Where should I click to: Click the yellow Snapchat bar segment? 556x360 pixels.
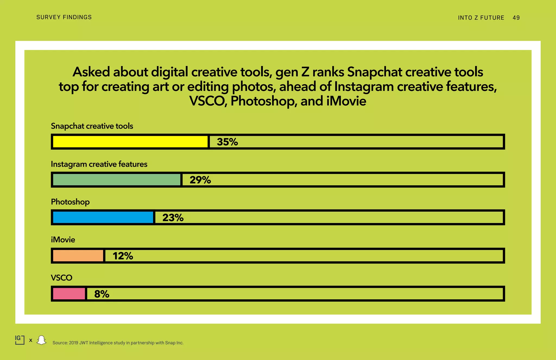[x=130, y=142]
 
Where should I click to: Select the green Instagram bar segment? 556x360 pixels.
[x=117, y=180]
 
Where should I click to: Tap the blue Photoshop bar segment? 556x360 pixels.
[x=103, y=217]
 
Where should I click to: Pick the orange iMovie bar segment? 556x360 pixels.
[x=78, y=256]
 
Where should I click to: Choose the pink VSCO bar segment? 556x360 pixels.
[x=69, y=294]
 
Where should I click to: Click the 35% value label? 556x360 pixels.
[x=227, y=142]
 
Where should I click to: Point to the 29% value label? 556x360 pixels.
[x=200, y=180]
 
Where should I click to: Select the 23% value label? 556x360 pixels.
[x=173, y=218]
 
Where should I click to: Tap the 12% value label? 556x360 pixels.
[x=123, y=256]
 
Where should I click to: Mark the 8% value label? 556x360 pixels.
[x=102, y=294]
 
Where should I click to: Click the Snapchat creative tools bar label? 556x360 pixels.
[x=92, y=126]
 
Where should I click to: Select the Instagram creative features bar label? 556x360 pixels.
[x=99, y=164]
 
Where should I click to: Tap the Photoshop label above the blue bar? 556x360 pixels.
[x=70, y=202]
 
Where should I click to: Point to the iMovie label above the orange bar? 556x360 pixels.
[x=63, y=240]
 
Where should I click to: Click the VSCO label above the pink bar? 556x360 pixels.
[x=62, y=278]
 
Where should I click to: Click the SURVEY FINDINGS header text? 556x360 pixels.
[x=64, y=17]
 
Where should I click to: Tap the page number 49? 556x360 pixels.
[x=516, y=18]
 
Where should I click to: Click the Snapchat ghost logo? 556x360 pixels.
[x=41, y=340]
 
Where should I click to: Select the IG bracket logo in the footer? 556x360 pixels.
[x=20, y=340]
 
